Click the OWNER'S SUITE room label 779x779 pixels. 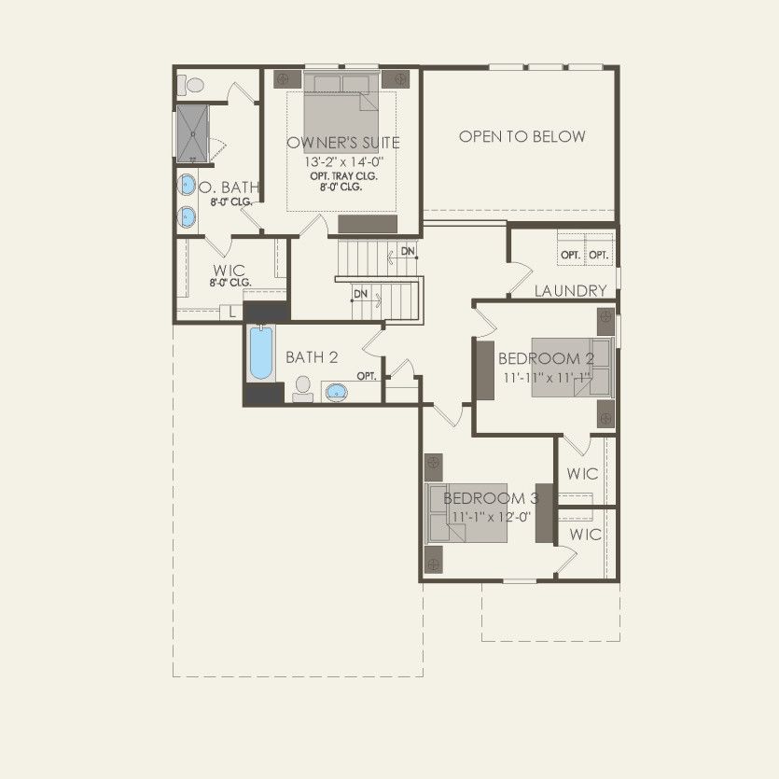click(x=343, y=143)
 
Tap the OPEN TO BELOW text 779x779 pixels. click(x=522, y=136)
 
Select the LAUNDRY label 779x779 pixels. click(x=570, y=291)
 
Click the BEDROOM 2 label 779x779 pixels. click(x=546, y=359)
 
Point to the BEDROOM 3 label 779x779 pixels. click(x=491, y=498)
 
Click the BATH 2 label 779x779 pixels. click(x=312, y=357)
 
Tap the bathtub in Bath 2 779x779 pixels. click(x=261, y=352)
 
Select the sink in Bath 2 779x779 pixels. click(x=336, y=391)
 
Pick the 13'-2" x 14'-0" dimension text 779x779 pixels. click(x=343, y=161)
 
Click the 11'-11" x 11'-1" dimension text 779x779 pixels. click(x=546, y=378)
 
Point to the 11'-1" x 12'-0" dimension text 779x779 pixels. click(x=491, y=516)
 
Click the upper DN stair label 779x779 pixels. click(x=408, y=252)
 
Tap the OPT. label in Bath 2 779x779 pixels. click(x=367, y=376)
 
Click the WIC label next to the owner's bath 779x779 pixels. click(x=228, y=271)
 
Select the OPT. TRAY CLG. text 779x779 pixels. click(x=344, y=174)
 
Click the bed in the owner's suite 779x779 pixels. click(x=341, y=108)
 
